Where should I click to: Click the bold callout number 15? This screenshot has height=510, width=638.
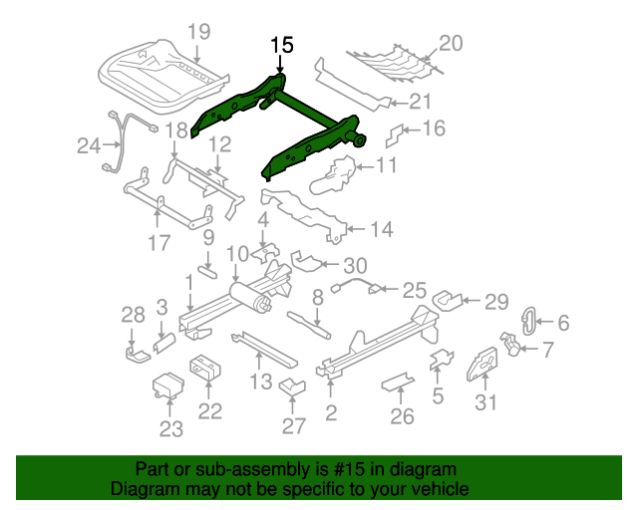(x=282, y=45)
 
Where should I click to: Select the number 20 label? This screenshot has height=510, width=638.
(x=452, y=43)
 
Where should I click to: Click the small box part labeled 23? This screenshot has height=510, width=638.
(x=166, y=385)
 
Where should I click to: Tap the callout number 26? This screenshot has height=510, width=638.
(x=401, y=416)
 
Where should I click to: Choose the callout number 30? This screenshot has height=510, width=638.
(x=355, y=265)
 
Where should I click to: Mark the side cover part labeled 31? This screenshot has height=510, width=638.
(x=484, y=363)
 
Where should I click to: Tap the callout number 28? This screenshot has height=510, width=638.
(x=134, y=316)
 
